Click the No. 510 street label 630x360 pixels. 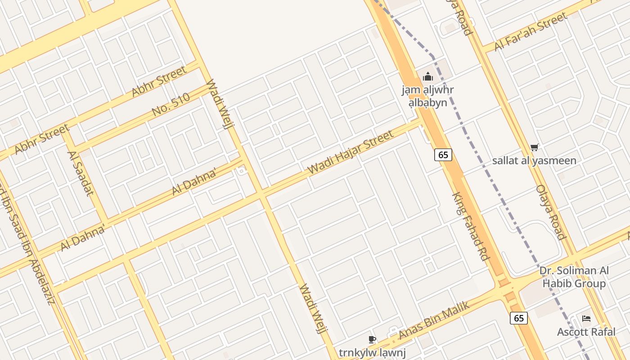(171, 105)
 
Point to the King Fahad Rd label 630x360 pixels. (471, 227)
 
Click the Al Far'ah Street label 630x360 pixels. (531, 31)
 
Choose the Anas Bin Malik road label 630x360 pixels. (434, 320)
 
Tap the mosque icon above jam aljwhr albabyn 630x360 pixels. (427, 76)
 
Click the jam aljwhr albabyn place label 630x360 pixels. (427, 96)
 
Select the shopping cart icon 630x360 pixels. (534, 147)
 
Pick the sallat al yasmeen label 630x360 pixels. (534, 161)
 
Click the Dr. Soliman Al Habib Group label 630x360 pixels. (574, 277)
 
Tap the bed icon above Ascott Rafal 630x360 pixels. (586, 319)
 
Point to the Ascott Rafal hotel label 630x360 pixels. (586, 332)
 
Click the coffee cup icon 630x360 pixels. (372, 339)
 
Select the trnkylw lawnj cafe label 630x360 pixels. (372, 353)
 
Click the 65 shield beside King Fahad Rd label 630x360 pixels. (443, 155)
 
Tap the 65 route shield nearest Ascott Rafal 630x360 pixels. (519, 318)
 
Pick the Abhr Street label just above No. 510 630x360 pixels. (159, 81)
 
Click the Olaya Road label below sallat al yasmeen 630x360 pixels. (550, 212)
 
